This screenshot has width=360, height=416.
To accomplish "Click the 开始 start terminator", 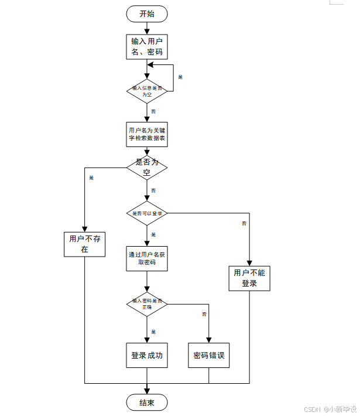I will (147, 13).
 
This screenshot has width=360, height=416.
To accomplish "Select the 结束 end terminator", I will (147, 403).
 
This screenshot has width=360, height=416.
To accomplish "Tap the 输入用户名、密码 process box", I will (147, 47).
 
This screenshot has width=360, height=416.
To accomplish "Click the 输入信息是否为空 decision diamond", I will (147, 91).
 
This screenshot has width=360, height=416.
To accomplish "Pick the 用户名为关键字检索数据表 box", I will (147, 134).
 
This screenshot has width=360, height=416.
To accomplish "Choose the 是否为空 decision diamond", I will (147, 167).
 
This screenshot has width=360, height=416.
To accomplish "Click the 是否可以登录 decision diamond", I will (147, 213).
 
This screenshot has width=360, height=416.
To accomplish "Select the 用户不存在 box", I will (84, 244).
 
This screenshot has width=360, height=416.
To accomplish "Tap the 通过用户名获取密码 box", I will (147, 258).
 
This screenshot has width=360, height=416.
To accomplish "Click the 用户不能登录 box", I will (249, 278).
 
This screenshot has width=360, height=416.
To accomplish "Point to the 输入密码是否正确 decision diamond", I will (147, 304).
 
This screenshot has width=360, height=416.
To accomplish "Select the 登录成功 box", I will (147, 355).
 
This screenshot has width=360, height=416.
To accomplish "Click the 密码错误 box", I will (209, 355).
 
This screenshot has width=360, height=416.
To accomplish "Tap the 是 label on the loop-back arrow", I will (180, 77).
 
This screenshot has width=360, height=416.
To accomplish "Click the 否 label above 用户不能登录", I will (244, 223).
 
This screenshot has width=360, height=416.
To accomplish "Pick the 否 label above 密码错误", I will (204, 315).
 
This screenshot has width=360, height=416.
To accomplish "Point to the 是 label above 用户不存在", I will (91, 177).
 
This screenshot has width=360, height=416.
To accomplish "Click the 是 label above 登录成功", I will (153, 332).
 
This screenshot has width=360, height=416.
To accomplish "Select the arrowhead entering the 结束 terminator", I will (147, 391).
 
